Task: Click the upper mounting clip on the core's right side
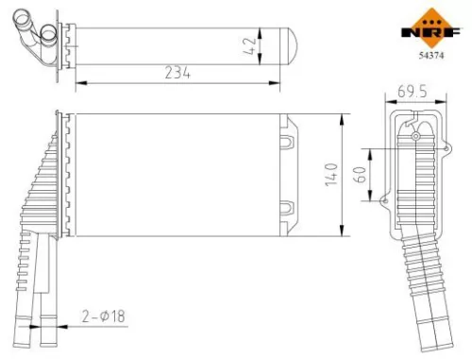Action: pyautogui.click(x=290, y=142)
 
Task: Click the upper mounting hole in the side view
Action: pyautogui.click(x=414, y=136)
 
